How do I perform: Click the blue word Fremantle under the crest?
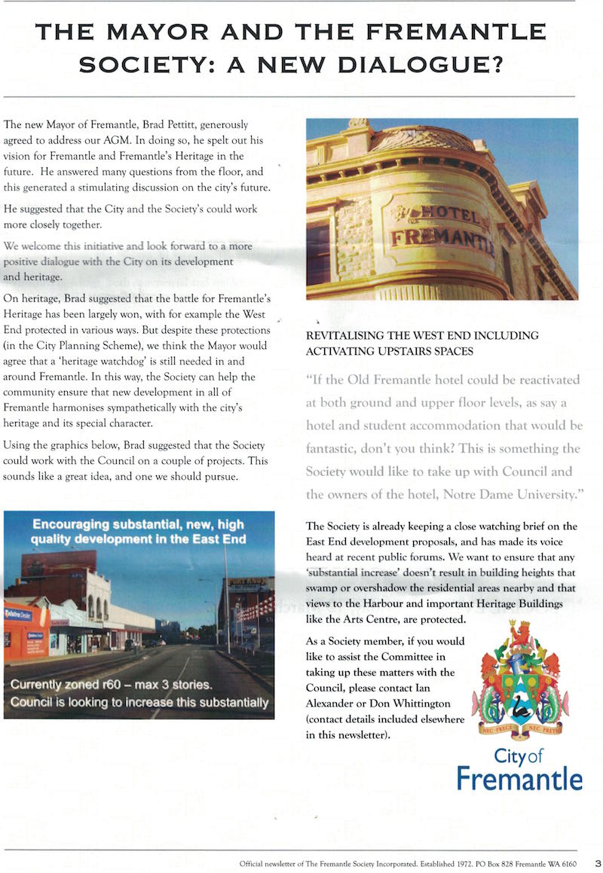(x=519, y=778)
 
